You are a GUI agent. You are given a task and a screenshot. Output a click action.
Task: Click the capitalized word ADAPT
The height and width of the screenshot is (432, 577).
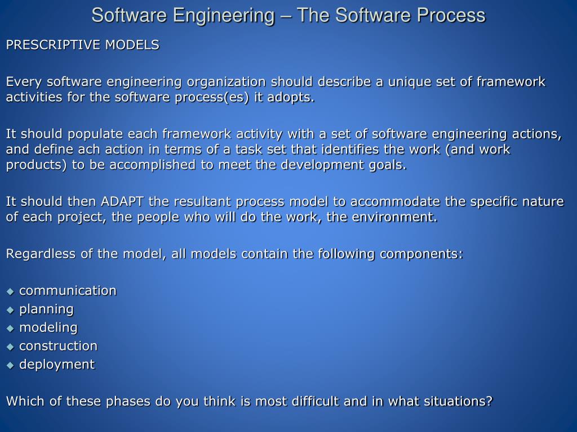pos(122,202)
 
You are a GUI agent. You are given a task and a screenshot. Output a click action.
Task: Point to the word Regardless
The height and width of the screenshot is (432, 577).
pos(41,254)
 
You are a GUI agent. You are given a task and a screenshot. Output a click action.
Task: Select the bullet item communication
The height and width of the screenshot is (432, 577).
pos(68,291)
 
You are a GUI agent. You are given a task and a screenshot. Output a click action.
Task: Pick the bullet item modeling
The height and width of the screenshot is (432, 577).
pos(48,327)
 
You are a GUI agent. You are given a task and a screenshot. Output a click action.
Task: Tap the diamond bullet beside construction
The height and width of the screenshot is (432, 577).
pos(10,346)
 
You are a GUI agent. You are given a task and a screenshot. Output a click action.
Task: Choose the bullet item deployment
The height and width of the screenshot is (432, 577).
pos(57,364)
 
